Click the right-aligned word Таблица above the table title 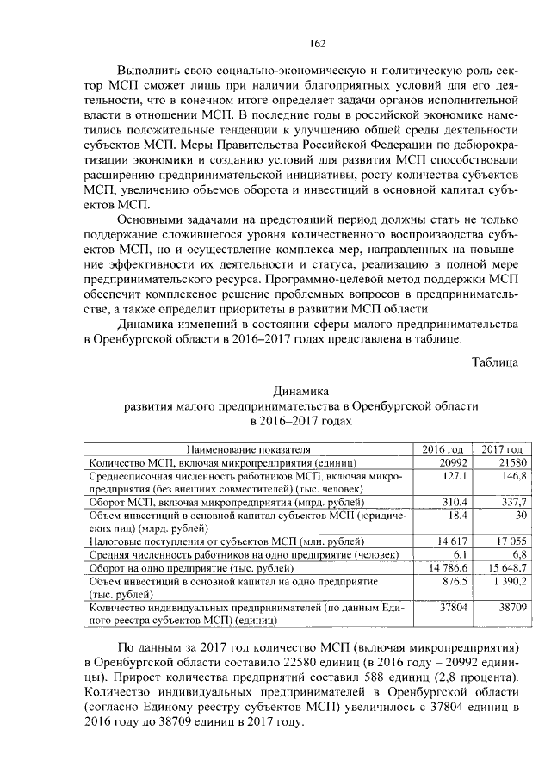[494, 362]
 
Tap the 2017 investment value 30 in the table [515, 514]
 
